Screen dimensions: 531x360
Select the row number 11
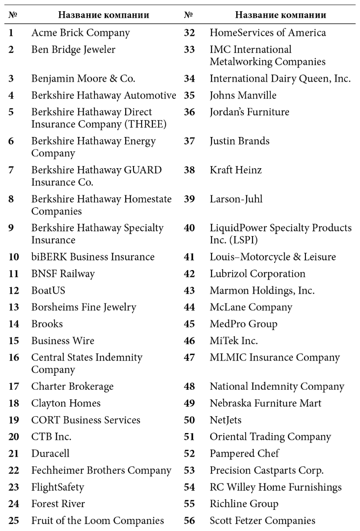[x=14, y=274]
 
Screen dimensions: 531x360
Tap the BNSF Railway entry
[x=63, y=274]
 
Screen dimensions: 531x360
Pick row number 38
[x=189, y=170]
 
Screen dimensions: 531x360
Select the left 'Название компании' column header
[x=104, y=16]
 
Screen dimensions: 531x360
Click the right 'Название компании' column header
[x=280, y=16]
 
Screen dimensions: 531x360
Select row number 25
[x=14, y=520]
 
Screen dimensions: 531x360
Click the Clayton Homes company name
[x=66, y=403]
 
